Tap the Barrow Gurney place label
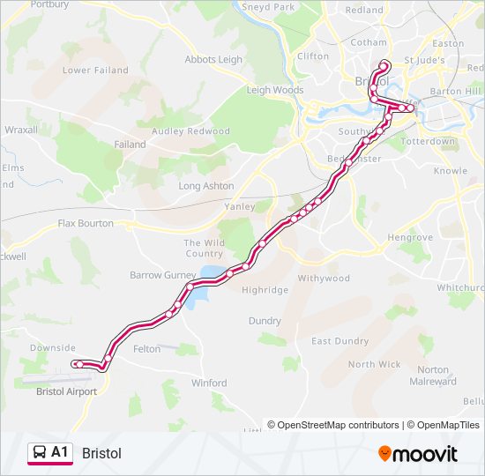point(163,275)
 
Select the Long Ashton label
point(206,186)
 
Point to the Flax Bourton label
point(86,223)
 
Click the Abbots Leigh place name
point(213,60)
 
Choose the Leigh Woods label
point(275,90)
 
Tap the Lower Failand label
point(95,71)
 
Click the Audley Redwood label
point(190,131)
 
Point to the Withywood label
point(324,279)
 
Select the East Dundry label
point(339,341)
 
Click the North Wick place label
point(374,364)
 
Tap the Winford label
point(209,383)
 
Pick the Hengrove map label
point(410,238)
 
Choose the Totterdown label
point(428,141)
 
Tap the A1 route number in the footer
point(60,452)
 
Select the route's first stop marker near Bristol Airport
point(78,364)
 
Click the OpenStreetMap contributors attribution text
point(338,425)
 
